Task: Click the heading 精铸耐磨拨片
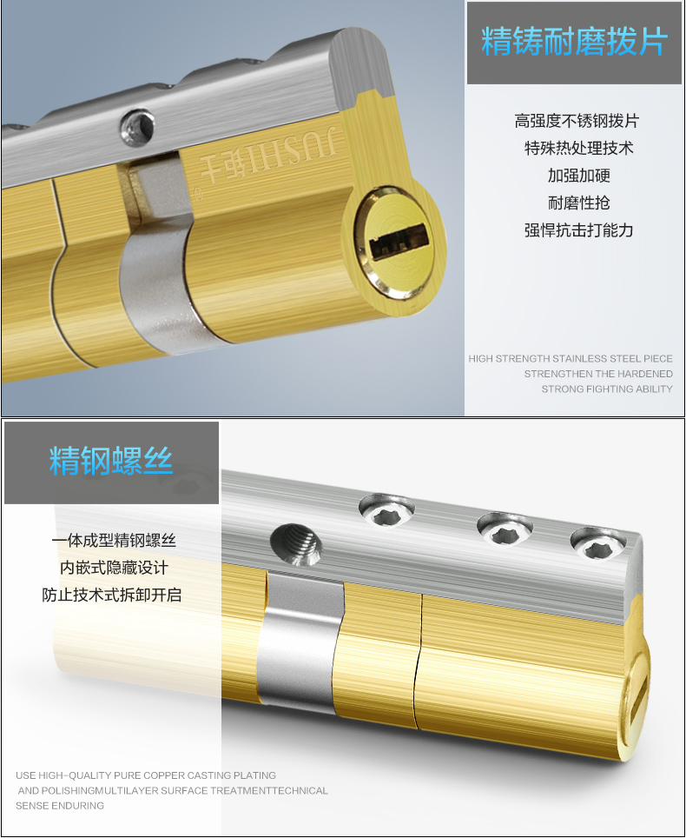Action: [x=574, y=41]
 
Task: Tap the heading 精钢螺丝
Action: [x=111, y=461]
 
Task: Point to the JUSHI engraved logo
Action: [x=268, y=154]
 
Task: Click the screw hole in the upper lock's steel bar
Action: [x=137, y=127]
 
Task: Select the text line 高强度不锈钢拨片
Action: [x=577, y=121]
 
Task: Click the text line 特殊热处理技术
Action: [x=578, y=148]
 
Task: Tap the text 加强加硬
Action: [x=578, y=176]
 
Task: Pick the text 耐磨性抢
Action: [x=578, y=203]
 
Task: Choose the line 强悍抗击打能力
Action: [x=578, y=230]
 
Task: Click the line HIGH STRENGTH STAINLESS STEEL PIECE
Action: [x=571, y=359]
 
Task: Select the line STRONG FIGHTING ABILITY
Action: [x=607, y=389]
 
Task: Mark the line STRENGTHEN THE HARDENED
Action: [x=598, y=374]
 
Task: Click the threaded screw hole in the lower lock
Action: [x=298, y=544]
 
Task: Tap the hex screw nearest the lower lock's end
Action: [x=597, y=542]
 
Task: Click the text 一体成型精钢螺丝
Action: [x=114, y=541]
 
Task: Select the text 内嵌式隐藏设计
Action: [x=114, y=568]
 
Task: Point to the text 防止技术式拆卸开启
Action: [x=112, y=595]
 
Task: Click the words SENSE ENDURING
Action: [x=60, y=805]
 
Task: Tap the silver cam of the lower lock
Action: [x=299, y=642]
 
